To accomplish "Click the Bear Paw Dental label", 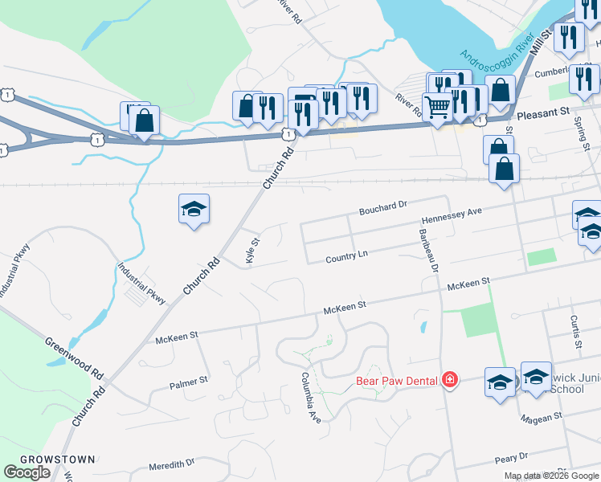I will click(397, 380).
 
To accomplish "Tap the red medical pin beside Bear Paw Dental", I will click(450, 380).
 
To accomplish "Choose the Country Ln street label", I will click(346, 257).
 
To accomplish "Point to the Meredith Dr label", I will click(172, 465).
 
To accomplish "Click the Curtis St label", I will click(575, 332).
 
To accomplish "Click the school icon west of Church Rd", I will click(194, 210).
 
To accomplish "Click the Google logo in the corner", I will click(27, 472).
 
